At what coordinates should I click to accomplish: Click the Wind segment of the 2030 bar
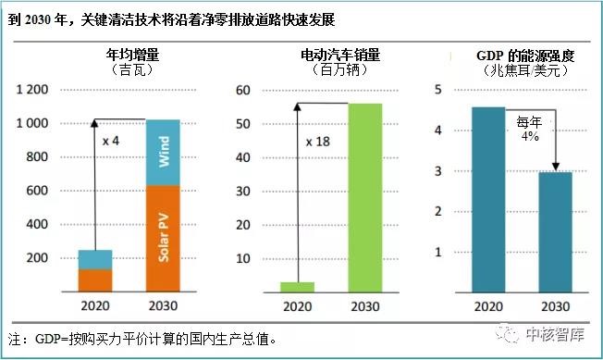point(163,152)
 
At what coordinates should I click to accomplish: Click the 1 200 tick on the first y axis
point(33,90)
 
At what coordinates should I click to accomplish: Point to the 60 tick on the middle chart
point(244,90)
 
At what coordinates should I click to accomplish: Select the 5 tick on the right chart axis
point(438,90)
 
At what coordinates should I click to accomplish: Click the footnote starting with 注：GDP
point(141,339)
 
